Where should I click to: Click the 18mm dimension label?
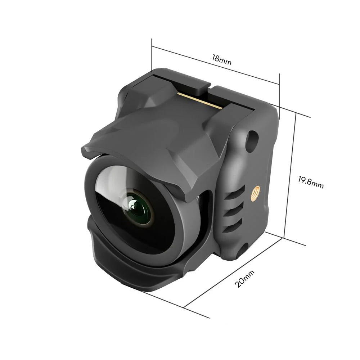221,60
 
